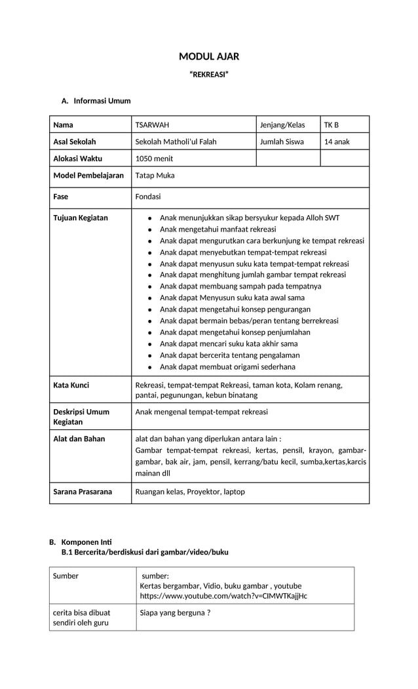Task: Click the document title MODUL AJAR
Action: pyautogui.click(x=209, y=57)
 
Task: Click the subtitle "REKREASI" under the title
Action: pyautogui.click(x=209, y=75)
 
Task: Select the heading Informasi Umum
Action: pyautogui.click(x=102, y=101)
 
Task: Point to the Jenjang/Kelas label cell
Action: pyautogui.click(x=282, y=125)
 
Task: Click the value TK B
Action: pyautogui.click(x=332, y=125)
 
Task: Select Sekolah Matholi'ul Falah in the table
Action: pyautogui.click(x=176, y=142)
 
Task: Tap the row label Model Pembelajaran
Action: pyautogui.click(x=88, y=176)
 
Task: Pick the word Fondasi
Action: pyautogui.click(x=147, y=197)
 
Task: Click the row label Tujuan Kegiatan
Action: pyautogui.click(x=81, y=218)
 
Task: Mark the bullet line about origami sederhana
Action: pyautogui.click(x=227, y=366)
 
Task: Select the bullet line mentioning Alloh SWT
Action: pyautogui.click(x=250, y=218)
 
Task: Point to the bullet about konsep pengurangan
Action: pyautogui.click(x=235, y=309)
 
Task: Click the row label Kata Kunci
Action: pyautogui.click(x=71, y=385)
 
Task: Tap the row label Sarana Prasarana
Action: pyautogui.click(x=83, y=492)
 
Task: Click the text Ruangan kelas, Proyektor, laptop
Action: pyautogui.click(x=190, y=492)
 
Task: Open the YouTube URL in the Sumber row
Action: pyautogui.click(x=223, y=596)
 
